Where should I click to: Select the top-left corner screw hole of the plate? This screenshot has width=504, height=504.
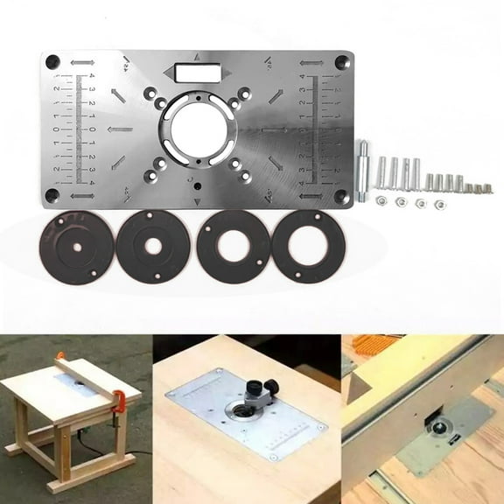tap(52, 62)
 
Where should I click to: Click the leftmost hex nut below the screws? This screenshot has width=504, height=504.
tap(381, 200)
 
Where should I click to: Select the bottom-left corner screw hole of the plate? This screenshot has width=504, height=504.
tap(52, 199)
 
